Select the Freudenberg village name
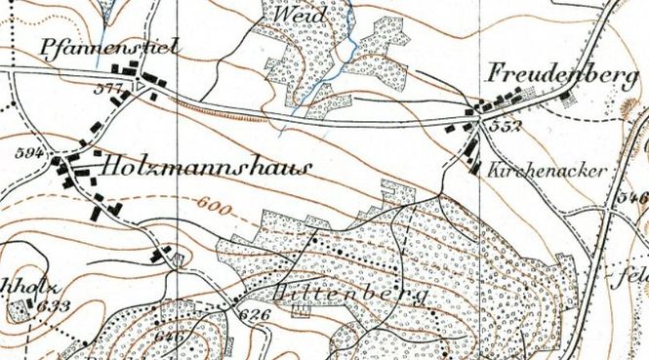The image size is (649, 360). pyautogui.click(x=551, y=75)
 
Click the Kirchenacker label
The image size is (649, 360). pyautogui.click(x=549, y=168)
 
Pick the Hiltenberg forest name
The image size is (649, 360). pyautogui.click(x=351, y=293)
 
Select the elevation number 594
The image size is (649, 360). pyautogui.click(x=32, y=153)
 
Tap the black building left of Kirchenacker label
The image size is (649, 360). pyautogui.click(x=475, y=166)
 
